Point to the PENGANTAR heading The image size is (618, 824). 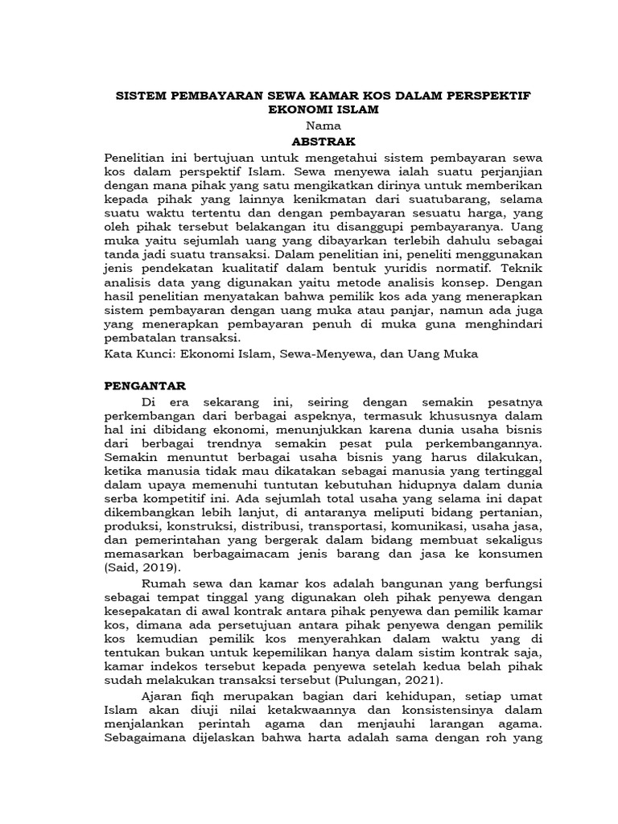click(146, 385)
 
